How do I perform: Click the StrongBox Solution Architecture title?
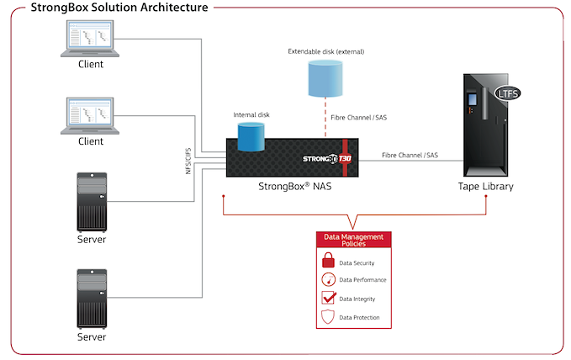click(119, 8)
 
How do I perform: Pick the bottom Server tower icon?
click(91, 298)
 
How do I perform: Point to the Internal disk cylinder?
click(251, 137)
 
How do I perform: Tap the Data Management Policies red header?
click(354, 240)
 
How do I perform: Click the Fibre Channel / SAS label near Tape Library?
click(410, 156)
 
